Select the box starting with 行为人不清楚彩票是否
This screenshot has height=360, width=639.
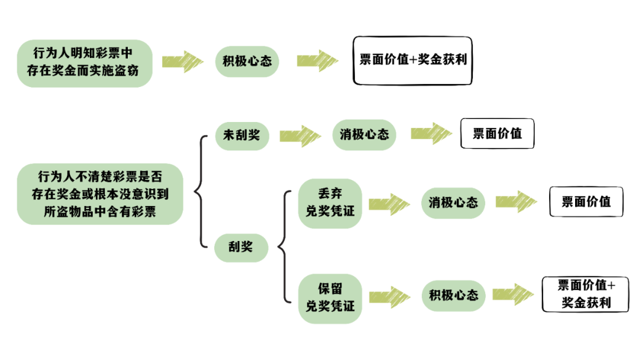[x=99, y=194]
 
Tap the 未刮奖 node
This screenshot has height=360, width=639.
[x=241, y=135]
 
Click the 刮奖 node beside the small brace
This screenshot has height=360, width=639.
[x=241, y=246]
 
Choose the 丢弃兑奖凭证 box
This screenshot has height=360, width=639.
[x=330, y=202]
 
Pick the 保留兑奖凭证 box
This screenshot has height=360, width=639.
[x=330, y=298]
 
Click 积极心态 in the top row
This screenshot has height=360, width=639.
[x=247, y=61]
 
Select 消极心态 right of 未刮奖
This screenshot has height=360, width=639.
[x=364, y=135]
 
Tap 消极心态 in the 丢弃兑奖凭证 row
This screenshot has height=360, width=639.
[x=453, y=202]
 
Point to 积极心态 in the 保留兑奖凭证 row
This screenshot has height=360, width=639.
[x=453, y=294]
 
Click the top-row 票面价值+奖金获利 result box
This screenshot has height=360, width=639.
[x=413, y=60]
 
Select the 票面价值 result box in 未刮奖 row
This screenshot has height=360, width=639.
[x=497, y=134]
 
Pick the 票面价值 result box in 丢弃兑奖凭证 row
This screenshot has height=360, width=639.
[x=586, y=202]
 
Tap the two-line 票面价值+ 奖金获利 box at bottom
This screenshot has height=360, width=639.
[x=586, y=294]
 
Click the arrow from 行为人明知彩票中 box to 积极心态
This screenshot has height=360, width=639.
[x=182, y=62]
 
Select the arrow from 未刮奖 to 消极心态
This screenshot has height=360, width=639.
[x=299, y=136]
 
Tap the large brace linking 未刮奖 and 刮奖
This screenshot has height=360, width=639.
[x=201, y=191]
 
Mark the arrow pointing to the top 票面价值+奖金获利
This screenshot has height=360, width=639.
[x=317, y=61]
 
